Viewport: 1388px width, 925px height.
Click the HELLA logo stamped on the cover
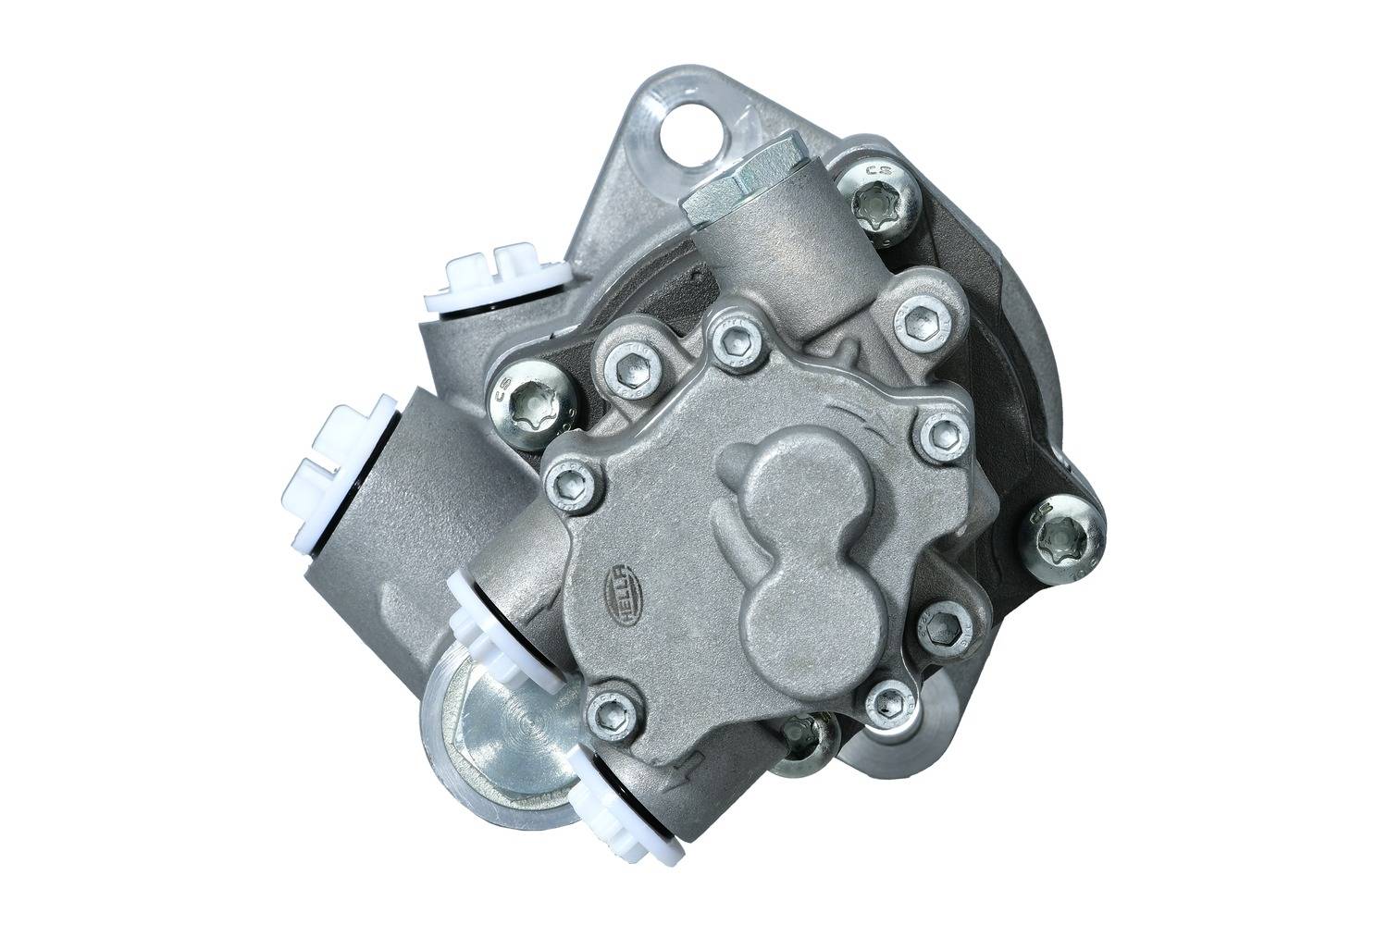click(x=615, y=590)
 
